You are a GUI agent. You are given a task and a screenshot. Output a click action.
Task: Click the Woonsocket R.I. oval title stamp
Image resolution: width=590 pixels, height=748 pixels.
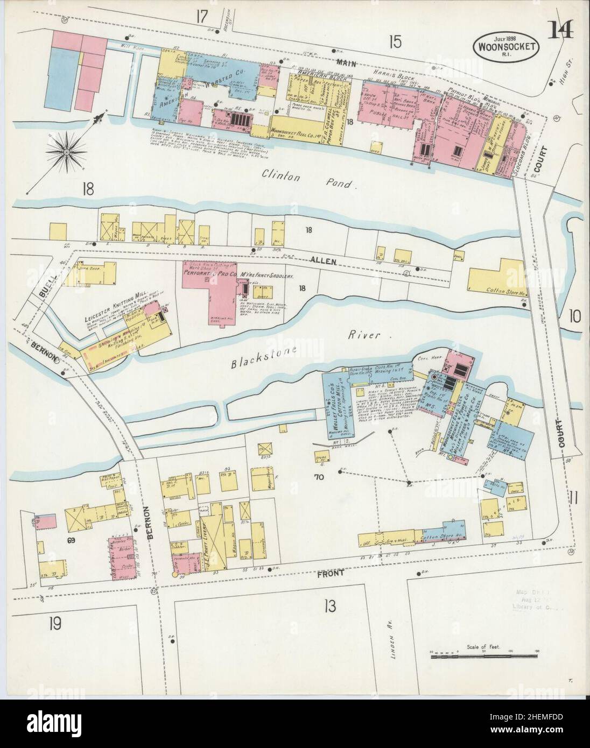(x=505, y=47)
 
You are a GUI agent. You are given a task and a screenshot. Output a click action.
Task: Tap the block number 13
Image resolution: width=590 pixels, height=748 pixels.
(x=329, y=606)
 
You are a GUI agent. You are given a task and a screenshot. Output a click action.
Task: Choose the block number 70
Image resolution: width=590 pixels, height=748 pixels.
(x=318, y=476)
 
